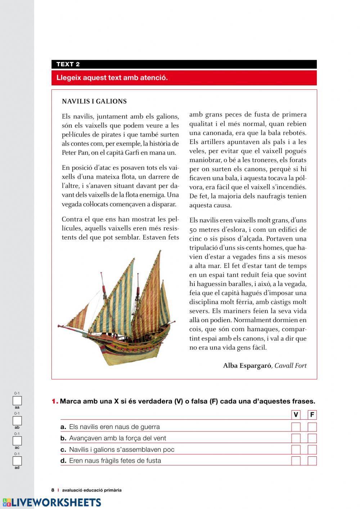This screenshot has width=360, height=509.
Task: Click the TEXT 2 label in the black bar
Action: (x=68, y=64)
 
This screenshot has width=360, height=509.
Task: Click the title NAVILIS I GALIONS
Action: (x=94, y=102)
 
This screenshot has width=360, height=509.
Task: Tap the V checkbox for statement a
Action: (x=296, y=427)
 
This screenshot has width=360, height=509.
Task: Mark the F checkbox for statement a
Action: (x=312, y=427)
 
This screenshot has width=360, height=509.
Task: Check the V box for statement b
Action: (x=296, y=438)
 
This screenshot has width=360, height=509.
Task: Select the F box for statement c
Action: (x=312, y=450)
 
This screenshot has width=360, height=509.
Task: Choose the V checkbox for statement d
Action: (x=296, y=461)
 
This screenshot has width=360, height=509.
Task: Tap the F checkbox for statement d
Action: (x=312, y=461)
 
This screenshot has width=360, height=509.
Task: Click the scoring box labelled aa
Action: (x=17, y=401)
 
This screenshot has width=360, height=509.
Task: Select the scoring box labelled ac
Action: (x=17, y=441)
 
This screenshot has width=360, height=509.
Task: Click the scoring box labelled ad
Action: (x=17, y=461)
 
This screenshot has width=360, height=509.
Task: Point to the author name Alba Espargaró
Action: (x=247, y=366)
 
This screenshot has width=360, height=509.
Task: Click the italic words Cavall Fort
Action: (x=291, y=366)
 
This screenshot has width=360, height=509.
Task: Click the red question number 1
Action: (x=55, y=401)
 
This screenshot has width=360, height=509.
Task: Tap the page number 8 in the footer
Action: (x=53, y=490)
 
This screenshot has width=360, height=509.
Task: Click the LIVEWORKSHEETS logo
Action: (x=52, y=503)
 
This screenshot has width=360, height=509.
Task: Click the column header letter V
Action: (x=296, y=415)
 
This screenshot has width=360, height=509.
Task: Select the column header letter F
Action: (x=312, y=415)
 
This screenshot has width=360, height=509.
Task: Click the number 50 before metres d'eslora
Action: (x=193, y=230)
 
